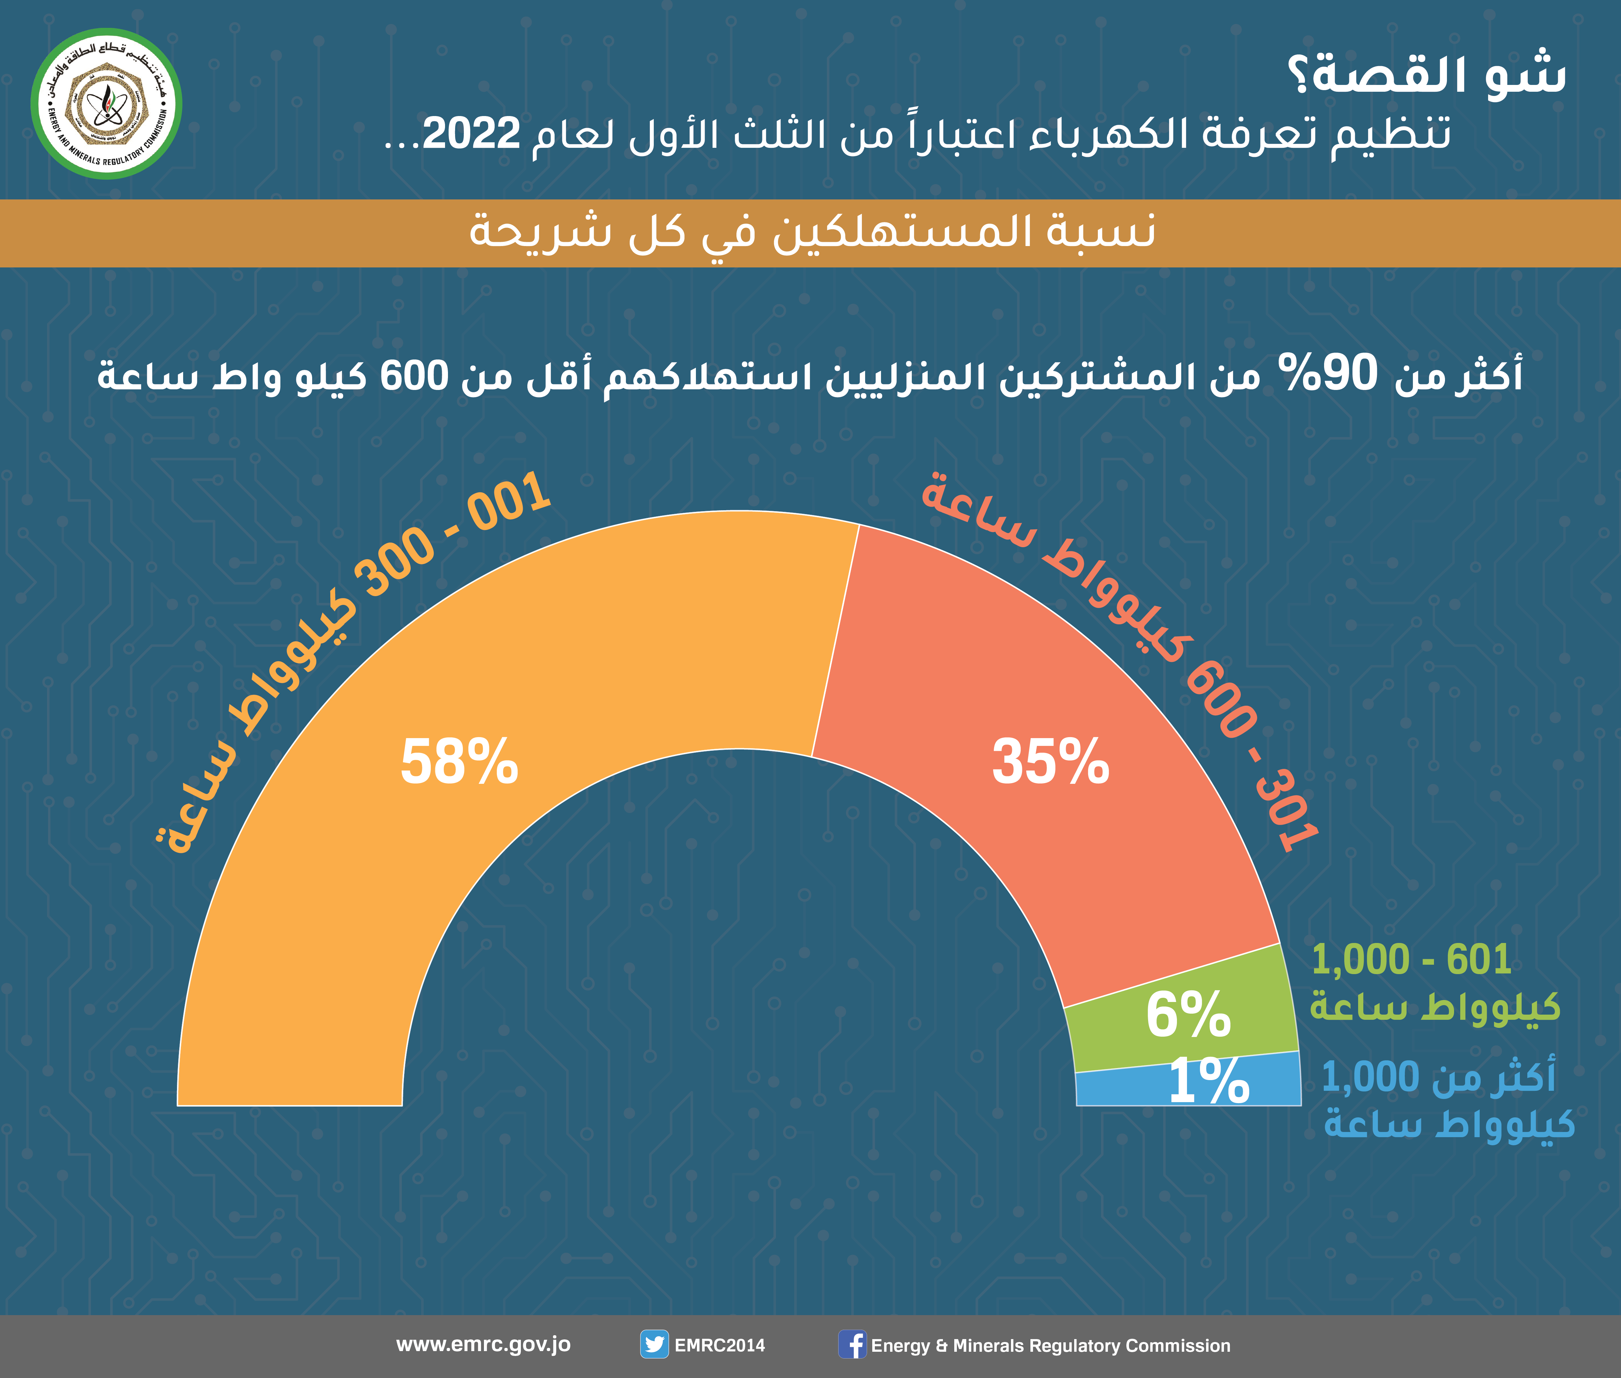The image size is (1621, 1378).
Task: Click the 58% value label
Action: tap(459, 762)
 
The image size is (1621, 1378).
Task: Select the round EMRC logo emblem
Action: tap(106, 104)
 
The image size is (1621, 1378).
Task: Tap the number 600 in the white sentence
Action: tap(414, 375)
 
